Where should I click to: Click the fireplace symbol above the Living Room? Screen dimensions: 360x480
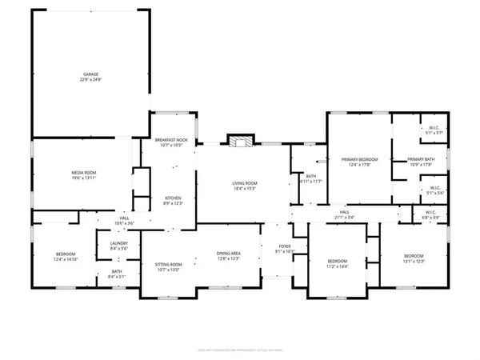point(238,141)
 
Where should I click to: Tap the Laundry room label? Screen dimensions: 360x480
point(118,246)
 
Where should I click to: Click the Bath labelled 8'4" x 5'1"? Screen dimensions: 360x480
point(117,274)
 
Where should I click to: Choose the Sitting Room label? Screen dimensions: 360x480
point(168,266)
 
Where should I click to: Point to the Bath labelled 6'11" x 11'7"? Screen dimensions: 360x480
point(309,179)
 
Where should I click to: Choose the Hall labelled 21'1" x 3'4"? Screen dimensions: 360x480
point(344,214)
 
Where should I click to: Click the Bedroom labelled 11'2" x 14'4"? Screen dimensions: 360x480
point(337,263)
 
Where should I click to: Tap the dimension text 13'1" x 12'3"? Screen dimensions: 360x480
point(415,262)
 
